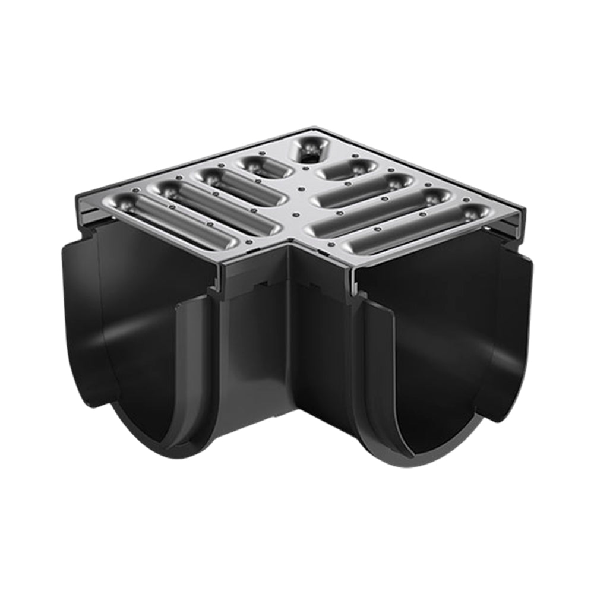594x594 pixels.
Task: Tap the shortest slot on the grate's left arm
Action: click(265, 167)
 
